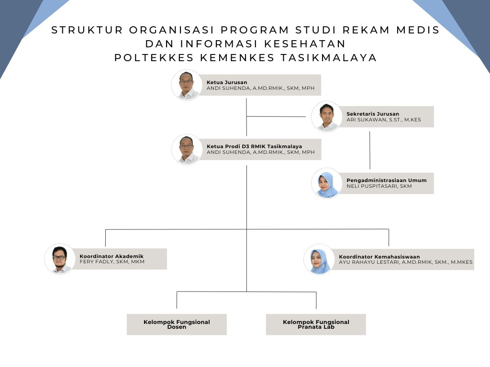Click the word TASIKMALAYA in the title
click(329, 58)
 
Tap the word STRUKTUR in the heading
click(87, 30)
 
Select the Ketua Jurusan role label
click(227, 82)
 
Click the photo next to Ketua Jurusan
click(187, 85)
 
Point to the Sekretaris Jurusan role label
click(373, 114)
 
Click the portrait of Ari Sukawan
click(326, 117)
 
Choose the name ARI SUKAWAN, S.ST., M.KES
click(384, 119)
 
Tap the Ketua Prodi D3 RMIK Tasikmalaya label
click(255, 146)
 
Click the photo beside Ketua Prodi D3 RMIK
click(187, 150)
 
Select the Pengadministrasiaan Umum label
click(387, 180)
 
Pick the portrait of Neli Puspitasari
click(326, 183)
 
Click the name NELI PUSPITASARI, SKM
click(379, 186)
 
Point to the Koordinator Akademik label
click(111, 256)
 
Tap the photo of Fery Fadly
click(60, 259)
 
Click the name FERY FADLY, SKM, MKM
click(112, 261)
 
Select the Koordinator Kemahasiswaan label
click(379, 257)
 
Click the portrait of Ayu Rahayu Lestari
click(319, 259)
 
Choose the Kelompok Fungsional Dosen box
click(177, 324)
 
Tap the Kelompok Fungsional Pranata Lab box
click(316, 324)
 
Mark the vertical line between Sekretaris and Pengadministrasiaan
click(370, 150)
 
